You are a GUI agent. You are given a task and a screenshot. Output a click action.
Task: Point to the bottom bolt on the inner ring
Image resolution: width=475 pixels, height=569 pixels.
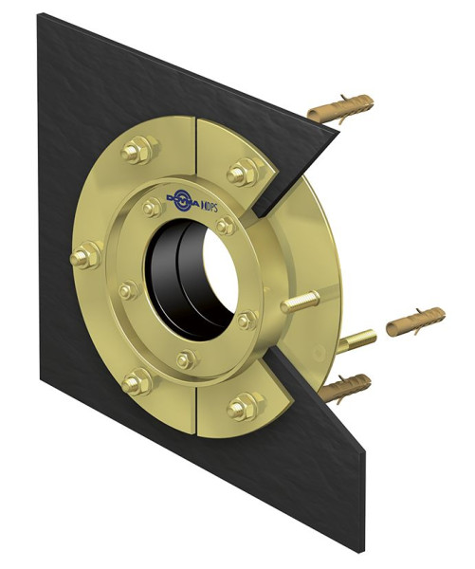pyautogui.click(x=187, y=358)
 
